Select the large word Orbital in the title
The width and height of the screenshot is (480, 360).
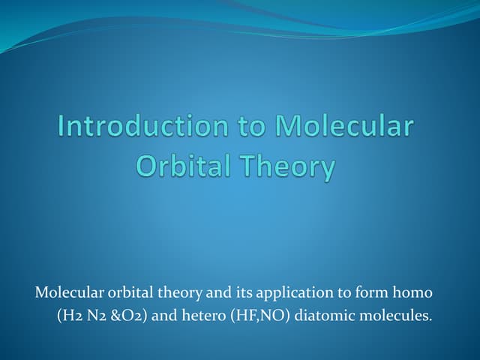click(x=181, y=166)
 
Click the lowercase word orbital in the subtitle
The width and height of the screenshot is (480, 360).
click(x=124, y=292)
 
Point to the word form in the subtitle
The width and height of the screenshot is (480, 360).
click(x=360, y=292)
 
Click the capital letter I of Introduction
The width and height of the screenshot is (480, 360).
click(x=62, y=126)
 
